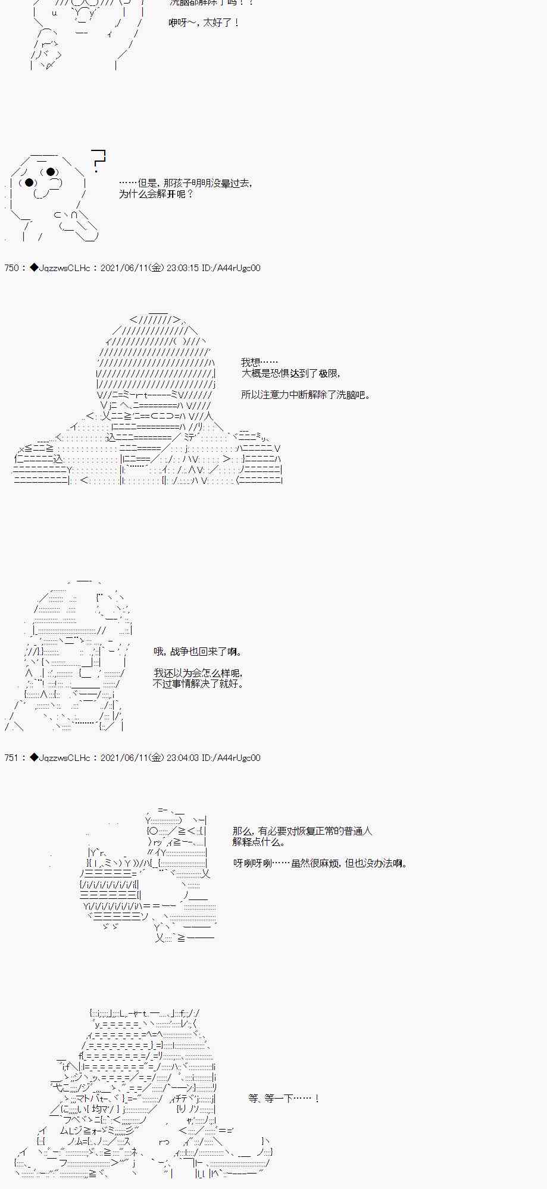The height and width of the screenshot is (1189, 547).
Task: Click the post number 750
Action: click(11, 268)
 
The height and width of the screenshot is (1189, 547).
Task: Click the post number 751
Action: click(11, 758)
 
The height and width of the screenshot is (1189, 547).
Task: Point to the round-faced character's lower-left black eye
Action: click(29, 183)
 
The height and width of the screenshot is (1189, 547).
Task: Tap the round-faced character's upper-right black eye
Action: click(51, 172)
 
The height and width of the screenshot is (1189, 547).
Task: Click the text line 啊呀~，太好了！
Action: click(204, 23)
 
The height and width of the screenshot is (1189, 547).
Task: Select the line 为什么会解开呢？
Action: click(156, 194)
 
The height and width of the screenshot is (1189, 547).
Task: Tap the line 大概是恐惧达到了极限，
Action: click(291, 373)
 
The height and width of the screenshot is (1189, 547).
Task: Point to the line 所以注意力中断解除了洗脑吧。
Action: click(306, 395)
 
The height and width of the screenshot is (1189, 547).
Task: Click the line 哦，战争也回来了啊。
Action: click(198, 652)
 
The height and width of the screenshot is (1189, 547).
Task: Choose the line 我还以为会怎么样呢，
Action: click(198, 673)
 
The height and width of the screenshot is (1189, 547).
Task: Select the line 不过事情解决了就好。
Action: click(198, 684)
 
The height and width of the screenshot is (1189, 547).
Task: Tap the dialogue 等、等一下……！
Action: click(285, 1099)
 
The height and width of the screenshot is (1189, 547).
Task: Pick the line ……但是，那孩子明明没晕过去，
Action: click(186, 184)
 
